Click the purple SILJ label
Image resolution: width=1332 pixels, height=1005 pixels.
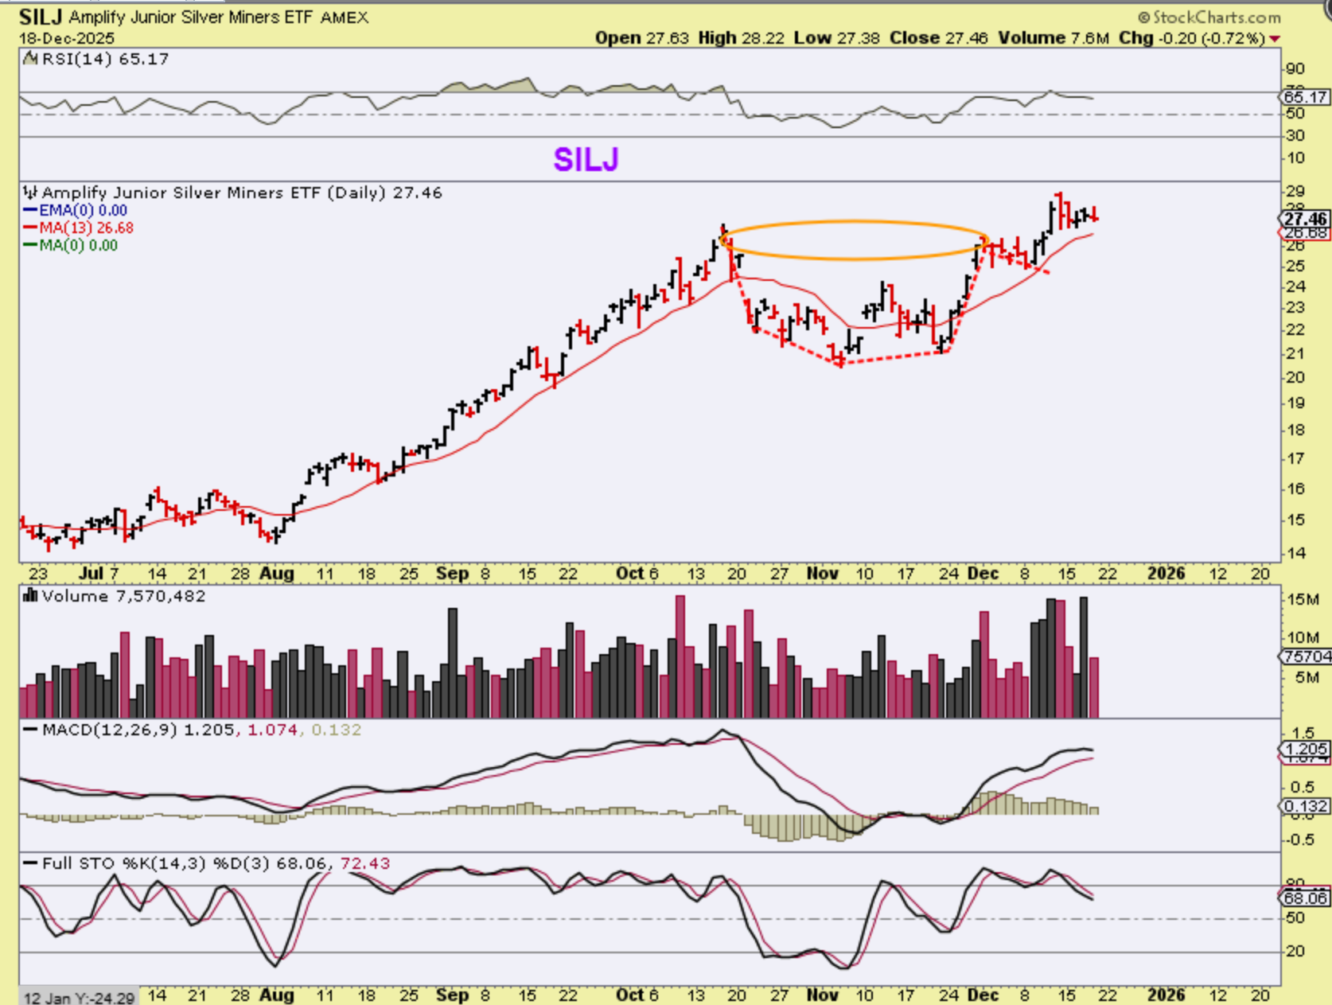[586, 160]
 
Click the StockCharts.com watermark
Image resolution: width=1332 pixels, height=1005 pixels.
[1209, 17]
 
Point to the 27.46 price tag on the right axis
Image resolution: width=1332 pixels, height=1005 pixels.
[1305, 218]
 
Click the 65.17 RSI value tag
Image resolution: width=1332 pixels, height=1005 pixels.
[1305, 97]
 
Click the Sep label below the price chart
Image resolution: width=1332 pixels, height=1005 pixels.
[452, 573]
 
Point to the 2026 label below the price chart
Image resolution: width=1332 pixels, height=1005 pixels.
[1166, 573]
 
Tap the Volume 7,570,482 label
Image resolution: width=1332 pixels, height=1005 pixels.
[123, 596]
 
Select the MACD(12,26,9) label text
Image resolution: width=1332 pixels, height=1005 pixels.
[110, 730]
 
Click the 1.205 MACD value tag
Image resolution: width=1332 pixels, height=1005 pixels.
[1305, 749]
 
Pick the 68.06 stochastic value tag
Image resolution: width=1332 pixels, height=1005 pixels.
[1305, 898]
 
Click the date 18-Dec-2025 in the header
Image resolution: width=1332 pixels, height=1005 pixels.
[67, 38]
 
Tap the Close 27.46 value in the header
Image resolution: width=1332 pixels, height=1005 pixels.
[939, 37]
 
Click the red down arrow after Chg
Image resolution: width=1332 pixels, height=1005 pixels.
[1276, 39]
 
